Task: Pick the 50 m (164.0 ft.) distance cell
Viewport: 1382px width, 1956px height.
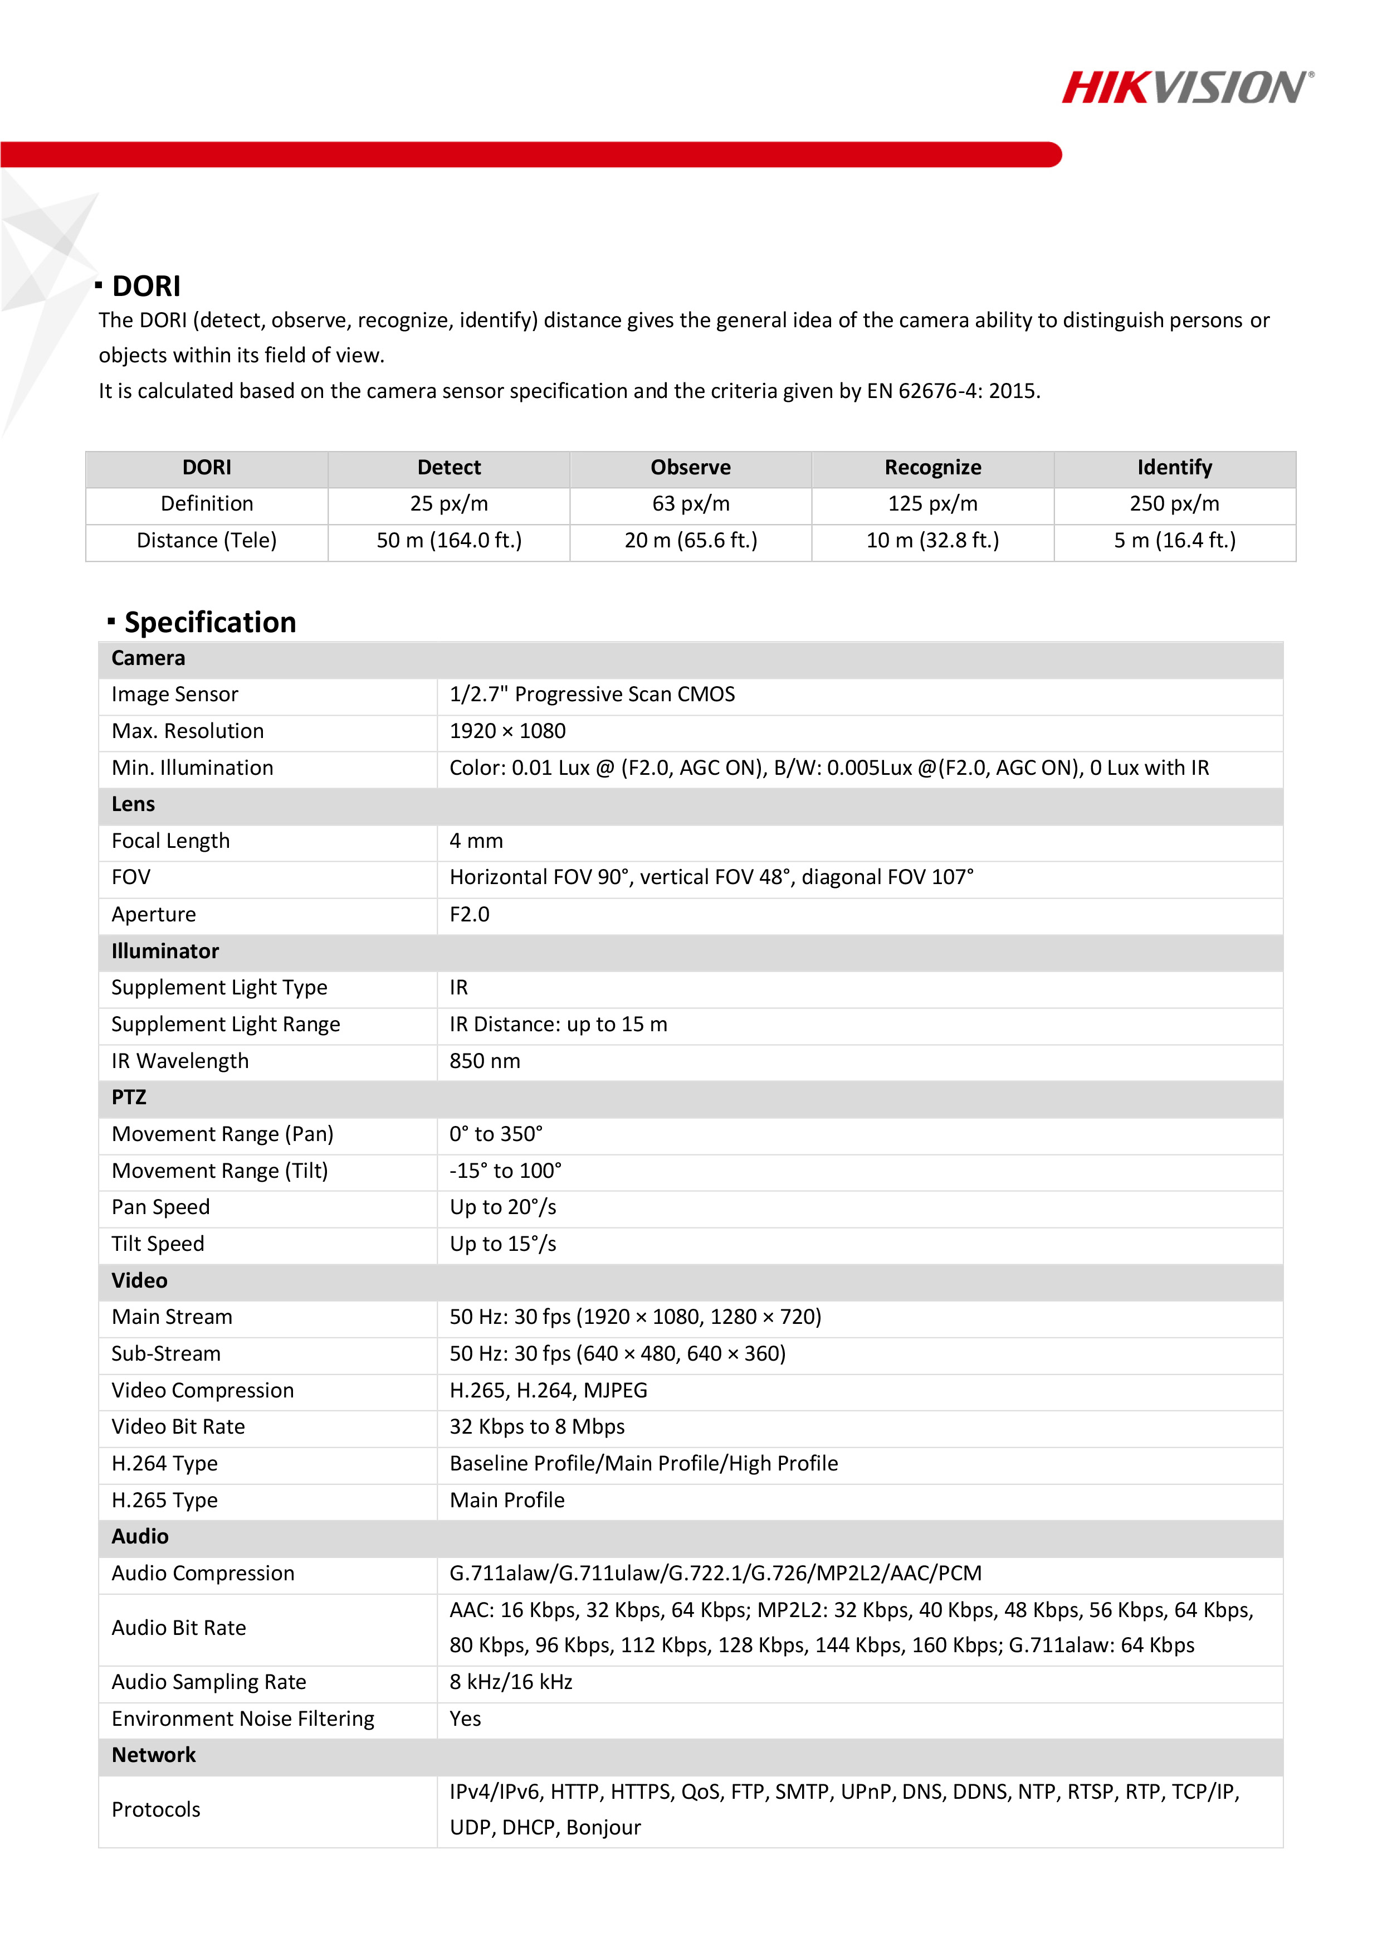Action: pos(449,540)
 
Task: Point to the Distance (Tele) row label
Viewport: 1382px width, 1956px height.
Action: pos(206,540)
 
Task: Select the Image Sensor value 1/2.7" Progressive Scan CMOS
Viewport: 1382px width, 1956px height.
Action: pos(592,695)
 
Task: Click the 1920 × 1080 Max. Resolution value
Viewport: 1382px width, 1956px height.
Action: pos(507,731)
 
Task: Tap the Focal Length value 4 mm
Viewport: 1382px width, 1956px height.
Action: pos(476,841)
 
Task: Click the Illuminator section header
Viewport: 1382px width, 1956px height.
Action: pos(165,951)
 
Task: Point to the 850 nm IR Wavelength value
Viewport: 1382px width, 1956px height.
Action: pos(485,1061)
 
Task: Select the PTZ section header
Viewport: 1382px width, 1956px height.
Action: pos(129,1097)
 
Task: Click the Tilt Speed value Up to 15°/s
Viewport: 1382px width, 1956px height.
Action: pos(502,1244)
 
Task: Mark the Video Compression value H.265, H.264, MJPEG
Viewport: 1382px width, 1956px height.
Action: pos(548,1390)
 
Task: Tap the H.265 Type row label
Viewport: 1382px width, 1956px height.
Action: pos(164,1500)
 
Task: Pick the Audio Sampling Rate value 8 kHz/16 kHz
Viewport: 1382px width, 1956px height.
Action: pos(511,1682)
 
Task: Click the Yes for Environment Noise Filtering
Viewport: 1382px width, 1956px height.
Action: pos(465,1719)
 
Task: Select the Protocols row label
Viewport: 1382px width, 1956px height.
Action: pos(156,1809)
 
